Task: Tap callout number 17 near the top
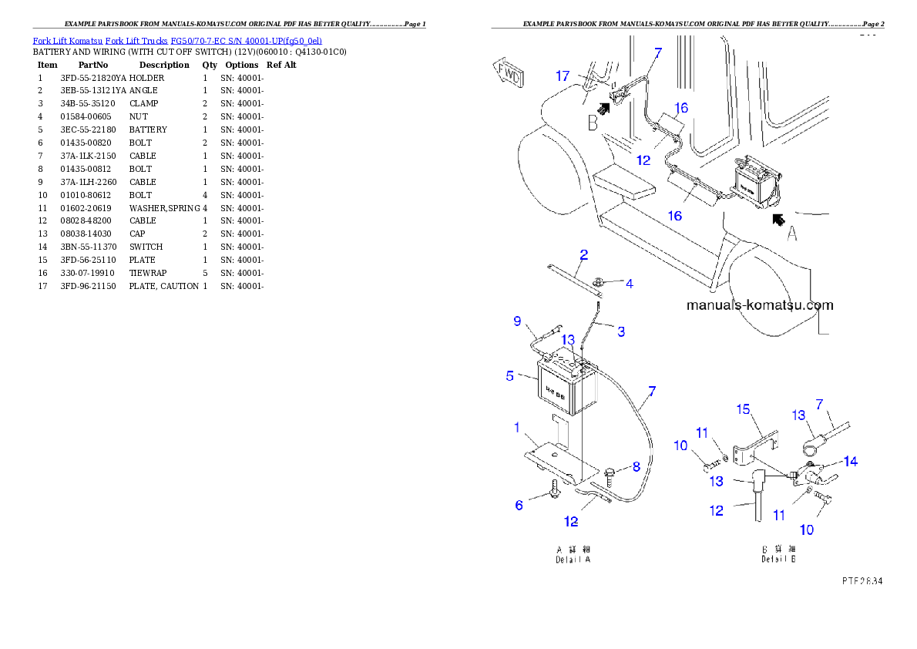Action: [563, 76]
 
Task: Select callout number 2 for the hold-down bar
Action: [583, 254]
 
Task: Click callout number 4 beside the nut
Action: [630, 284]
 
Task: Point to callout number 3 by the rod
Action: [621, 332]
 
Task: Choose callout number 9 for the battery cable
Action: [517, 321]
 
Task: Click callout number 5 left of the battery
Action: [509, 377]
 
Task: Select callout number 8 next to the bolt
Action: [636, 466]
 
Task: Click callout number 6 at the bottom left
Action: [520, 505]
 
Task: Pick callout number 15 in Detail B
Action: [743, 409]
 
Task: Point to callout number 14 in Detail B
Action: [850, 462]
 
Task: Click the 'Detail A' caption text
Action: [573, 554]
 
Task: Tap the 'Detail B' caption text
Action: [778, 554]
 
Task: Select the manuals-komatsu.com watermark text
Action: [759, 305]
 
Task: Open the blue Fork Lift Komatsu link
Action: [177, 40]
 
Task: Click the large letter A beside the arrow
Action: [791, 234]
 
